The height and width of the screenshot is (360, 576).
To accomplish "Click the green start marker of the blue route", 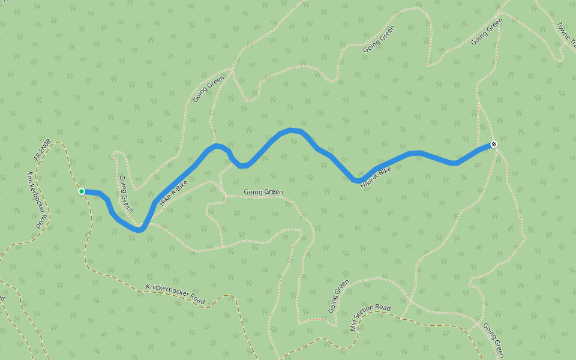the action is tap(81, 191).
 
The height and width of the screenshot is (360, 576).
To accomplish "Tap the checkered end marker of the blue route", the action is tap(493, 144).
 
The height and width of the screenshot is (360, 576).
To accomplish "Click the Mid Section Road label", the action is tap(370, 317).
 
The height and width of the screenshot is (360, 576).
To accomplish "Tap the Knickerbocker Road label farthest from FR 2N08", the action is tap(175, 293).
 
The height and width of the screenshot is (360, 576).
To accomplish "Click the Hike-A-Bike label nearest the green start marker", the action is tap(174, 193).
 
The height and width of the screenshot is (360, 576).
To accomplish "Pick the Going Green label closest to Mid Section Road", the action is tap(338, 296).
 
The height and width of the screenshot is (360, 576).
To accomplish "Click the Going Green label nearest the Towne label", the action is tap(487, 32).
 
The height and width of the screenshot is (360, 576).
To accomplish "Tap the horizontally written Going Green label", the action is tap(263, 192).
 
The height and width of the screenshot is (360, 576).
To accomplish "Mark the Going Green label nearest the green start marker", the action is tap(125, 193).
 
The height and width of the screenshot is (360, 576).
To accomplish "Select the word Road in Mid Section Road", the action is tap(383, 308).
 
